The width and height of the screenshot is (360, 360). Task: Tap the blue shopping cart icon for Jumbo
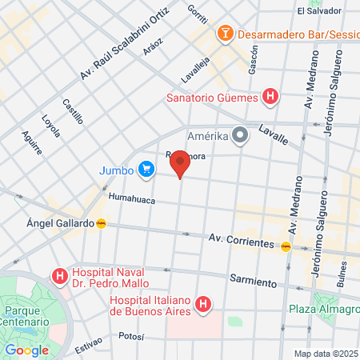point(146,169)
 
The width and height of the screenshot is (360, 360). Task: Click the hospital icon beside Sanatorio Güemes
point(270,98)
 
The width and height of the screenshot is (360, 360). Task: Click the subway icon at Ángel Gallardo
point(101,223)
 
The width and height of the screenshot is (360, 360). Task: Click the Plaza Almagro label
point(323,310)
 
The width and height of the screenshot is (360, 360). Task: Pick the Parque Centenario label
point(27,315)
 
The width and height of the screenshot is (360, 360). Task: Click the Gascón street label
point(253,60)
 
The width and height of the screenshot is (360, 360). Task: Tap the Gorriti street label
point(196,14)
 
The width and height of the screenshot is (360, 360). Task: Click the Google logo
point(26,350)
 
